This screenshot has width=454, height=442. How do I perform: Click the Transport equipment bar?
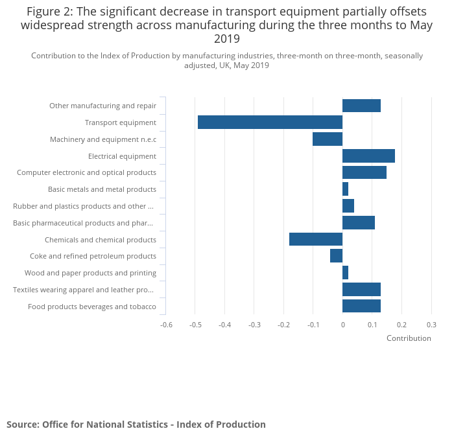(x=270, y=122)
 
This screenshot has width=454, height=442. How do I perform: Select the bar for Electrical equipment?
(x=368, y=156)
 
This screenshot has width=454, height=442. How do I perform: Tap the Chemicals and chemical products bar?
(x=316, y=239)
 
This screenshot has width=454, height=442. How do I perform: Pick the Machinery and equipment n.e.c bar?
(x=328, y=139)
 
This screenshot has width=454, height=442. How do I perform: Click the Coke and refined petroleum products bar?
(x=336, y=256)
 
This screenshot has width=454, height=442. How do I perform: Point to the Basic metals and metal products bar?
(x=345, y=189)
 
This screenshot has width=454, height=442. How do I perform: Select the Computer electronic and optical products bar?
(x=364, y=172)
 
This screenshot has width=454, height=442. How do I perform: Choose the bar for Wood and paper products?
(x=345, y=273)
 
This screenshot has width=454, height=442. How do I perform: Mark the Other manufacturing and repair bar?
(x=361, y=106)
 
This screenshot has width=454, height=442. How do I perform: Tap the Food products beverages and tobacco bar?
(x=361, y=306)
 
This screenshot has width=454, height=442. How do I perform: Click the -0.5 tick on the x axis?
(x=195, y=325)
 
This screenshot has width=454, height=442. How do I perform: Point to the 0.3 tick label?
(x=431, y=325)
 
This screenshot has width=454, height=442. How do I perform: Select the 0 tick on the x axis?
(x=342, y=325)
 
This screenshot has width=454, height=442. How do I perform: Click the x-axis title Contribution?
(x=409, y=338)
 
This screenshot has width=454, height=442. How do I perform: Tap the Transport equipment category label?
(x=121, y=122)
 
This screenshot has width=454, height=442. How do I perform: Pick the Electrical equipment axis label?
(x=122, y=156)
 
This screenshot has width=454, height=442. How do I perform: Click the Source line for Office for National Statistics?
(x=136, y=425)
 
